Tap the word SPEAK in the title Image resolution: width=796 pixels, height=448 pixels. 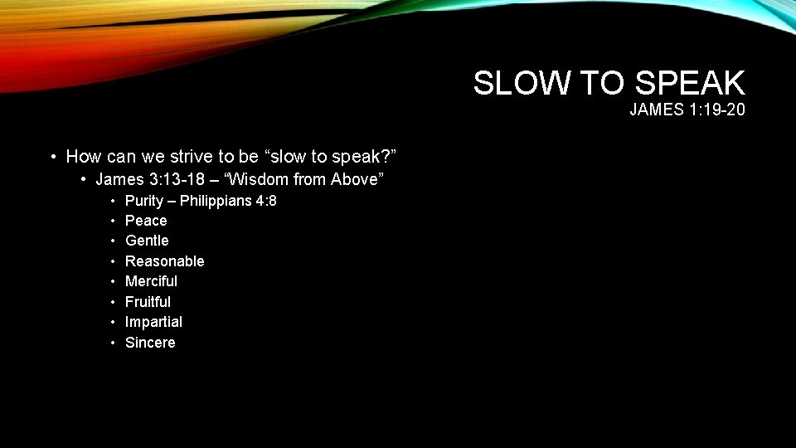point(691,83)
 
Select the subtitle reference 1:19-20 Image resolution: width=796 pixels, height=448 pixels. point(714,110)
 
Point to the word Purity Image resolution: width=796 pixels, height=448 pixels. point(144,200)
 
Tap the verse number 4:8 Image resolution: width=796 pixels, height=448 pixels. point(266,200)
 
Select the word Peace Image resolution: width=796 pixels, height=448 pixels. point(146,221)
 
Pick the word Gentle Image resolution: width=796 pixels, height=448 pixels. point(147,241)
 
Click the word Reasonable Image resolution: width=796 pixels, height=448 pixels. point(164,261)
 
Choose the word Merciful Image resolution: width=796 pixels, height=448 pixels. point(151,281)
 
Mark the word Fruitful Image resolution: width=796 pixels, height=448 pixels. point(148,302)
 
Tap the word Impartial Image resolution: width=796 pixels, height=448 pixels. point(153,322)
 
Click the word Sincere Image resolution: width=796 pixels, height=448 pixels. point(150,343)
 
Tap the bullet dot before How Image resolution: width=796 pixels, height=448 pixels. point(53,156)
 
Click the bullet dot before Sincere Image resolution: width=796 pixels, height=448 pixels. point(112,343)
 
